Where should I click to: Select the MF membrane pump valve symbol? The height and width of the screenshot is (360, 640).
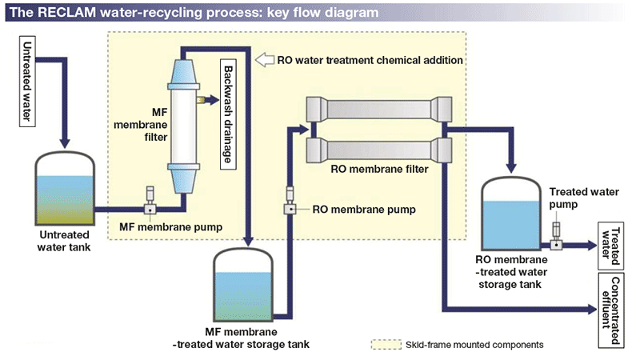coord(149,210)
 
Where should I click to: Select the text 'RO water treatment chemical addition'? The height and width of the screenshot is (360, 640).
coord(370,60)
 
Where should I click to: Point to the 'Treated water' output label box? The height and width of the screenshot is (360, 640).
coord(611,246)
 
